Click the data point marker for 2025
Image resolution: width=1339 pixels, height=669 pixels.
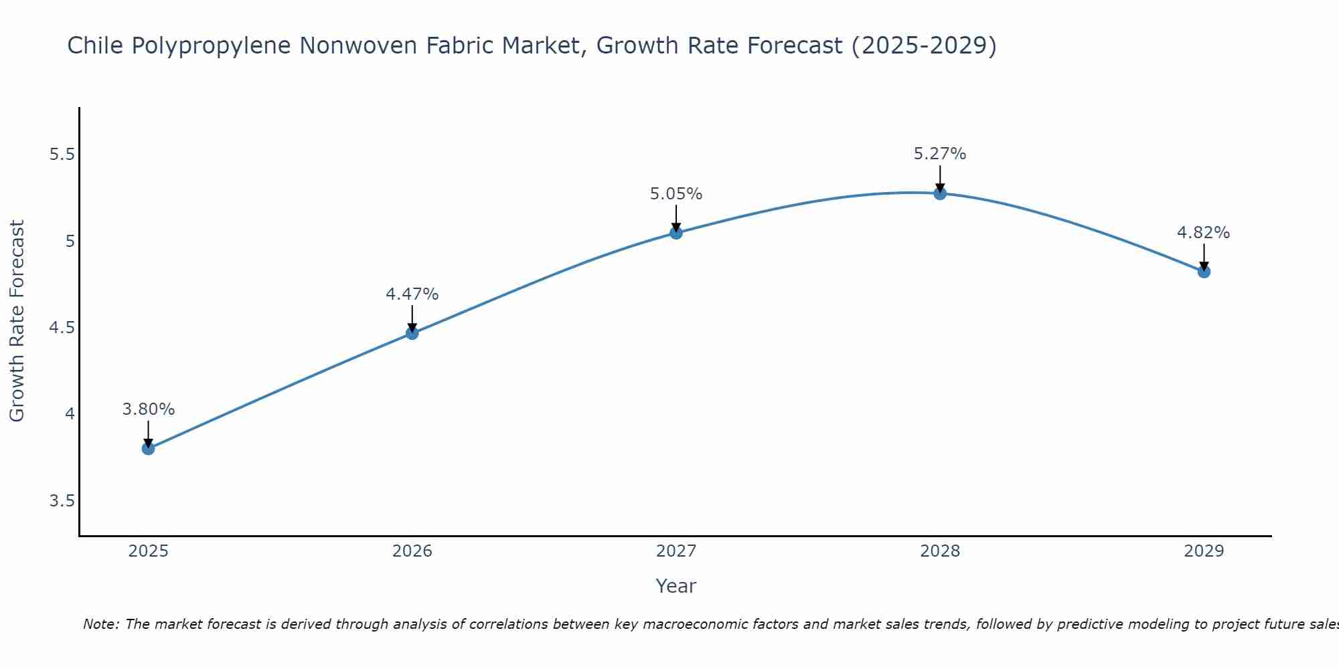coord(149,448)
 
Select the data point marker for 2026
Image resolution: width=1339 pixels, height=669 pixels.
coord(412,333)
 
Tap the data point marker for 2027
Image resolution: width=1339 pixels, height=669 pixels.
coord(676,233)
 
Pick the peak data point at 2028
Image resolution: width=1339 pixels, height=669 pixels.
coord(940,194)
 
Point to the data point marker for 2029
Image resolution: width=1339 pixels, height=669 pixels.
coord(1204,272)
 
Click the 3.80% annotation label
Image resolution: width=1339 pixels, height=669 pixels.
coord(149,409)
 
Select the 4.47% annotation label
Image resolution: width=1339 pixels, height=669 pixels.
coord(412,294)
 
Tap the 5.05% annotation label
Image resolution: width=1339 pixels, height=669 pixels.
coord(676,194)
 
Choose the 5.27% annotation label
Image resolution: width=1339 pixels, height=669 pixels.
coord(940,154)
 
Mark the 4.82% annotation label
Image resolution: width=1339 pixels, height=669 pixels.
coord(1204,233)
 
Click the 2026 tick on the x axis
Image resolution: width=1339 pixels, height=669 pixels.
coord(412,551)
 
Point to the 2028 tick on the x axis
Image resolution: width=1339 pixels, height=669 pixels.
coord(940,551)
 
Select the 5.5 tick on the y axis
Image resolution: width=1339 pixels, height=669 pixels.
coord(62,155)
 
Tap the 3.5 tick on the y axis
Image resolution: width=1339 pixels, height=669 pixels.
coord(62,501)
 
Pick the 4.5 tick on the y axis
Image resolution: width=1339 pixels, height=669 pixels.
coord(62,328)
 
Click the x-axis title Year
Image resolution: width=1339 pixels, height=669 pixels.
coord(676,586)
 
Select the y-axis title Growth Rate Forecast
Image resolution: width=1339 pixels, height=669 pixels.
coord(17,321)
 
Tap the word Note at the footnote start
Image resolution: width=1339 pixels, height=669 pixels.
coord(100,624)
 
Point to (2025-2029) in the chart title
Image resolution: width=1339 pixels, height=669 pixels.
coord(924,45)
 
